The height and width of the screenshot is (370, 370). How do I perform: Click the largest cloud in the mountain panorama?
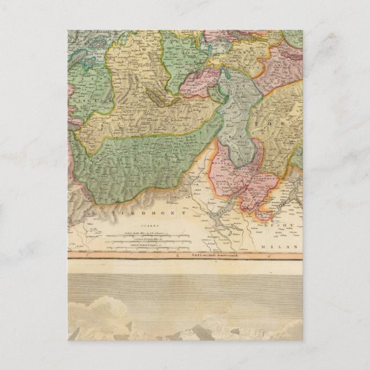(x=105, y=307)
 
